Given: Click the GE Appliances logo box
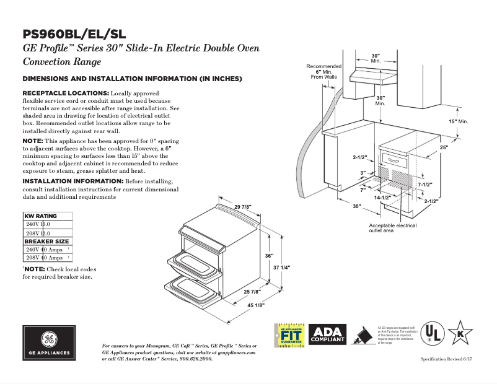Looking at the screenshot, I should (x=49, y=343).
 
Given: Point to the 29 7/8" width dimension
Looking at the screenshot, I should (x=243, y=206).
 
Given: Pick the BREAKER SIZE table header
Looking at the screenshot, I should (x=46, y=242).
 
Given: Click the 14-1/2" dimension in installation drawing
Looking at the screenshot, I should (x=382, y=197).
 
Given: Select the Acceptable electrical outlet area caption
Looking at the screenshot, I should (x=392, y=229).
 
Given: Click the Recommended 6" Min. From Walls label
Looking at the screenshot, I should (x=323, y=71).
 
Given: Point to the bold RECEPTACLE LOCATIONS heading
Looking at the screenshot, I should (x=66, y=93).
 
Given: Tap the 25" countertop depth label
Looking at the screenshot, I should (x=443, y=147).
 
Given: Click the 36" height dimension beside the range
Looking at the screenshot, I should (x=268, y=256).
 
